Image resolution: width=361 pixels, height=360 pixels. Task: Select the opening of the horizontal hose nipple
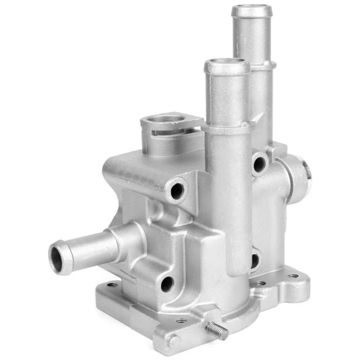pos(57,259)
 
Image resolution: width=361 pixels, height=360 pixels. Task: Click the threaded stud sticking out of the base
pos(217,330)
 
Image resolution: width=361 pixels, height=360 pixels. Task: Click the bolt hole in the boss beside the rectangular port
pos(177,191)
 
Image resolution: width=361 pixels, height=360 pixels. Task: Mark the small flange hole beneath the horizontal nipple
pos(112,285)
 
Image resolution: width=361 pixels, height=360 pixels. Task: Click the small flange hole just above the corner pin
pos(181,320)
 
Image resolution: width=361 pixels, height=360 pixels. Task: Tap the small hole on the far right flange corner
pos(293,276)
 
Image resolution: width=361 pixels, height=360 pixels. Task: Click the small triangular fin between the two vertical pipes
pos(258,117)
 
